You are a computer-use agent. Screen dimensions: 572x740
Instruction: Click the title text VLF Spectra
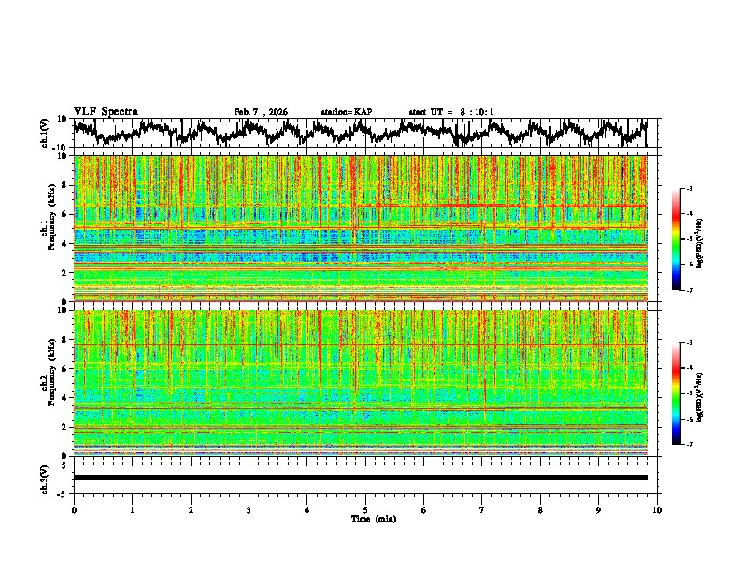point(106,111)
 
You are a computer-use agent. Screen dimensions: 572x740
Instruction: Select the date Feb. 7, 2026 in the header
point(261,112)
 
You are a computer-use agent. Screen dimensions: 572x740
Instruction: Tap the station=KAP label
point(346,112)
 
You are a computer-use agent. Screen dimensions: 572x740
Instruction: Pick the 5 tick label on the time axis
point(365,509)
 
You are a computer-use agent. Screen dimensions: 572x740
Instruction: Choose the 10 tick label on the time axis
point(657,509)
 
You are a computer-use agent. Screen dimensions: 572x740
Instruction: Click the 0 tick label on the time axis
point(74,509)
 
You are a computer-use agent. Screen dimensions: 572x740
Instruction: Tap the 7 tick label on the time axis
point(482,509)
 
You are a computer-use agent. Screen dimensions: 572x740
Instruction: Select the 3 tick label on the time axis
point(249,509)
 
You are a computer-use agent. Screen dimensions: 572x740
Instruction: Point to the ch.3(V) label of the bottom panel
point(45,478)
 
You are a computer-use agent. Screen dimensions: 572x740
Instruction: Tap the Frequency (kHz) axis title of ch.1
point(52,224)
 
